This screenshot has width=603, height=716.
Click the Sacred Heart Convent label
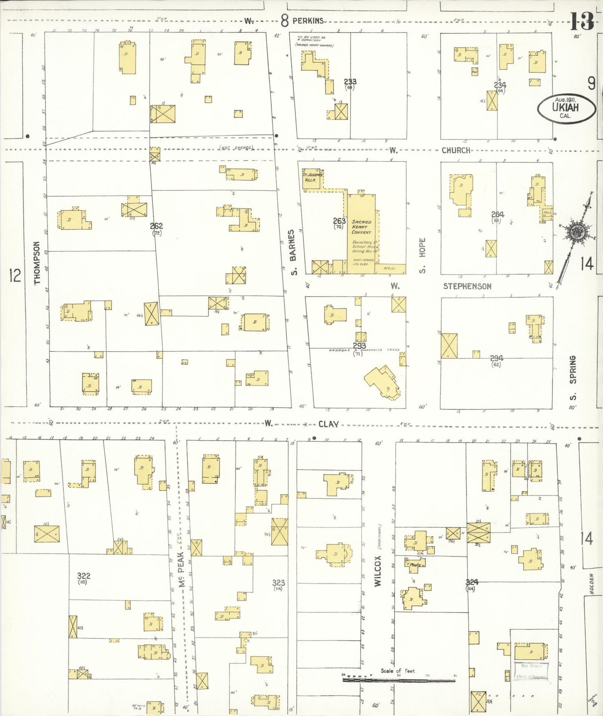[361, 227]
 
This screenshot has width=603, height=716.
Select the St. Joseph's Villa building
[312, 178]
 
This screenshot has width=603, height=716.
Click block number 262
[156, 226]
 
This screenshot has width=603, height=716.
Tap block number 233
[350, 82]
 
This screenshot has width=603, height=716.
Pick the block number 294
[496, 358]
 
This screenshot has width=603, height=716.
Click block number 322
[83, 576]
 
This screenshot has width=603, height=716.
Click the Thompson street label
[37, 263]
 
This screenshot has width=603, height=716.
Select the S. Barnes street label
[293, 252]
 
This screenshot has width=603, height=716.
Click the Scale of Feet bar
[399, 680]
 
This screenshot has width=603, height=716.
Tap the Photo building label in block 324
[415, 564]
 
